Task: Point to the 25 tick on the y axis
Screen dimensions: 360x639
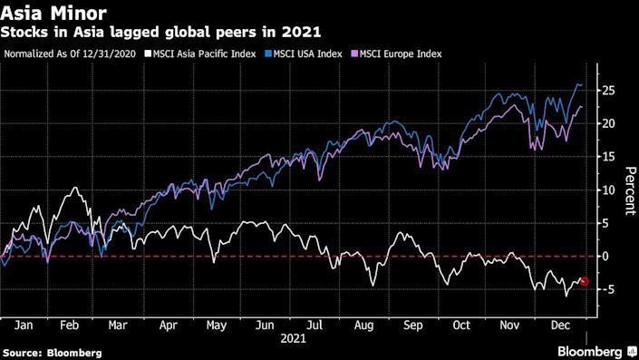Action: point(611,91)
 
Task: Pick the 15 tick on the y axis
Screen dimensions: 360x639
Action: point(611,157)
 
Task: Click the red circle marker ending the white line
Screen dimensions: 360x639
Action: point(585,282)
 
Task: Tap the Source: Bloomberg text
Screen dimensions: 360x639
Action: point(52,352)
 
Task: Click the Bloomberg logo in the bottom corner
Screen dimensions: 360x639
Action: point(590,351)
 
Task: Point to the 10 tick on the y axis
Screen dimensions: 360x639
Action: point(611,190)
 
